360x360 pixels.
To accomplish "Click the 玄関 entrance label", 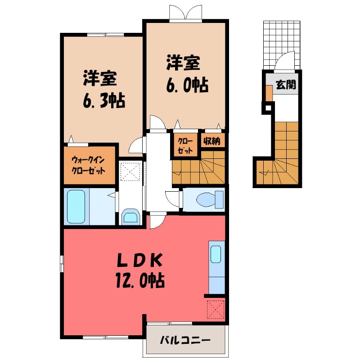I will pos(286,85).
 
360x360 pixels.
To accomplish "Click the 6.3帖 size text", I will pos(103,99).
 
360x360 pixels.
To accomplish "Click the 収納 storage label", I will pos(211,141).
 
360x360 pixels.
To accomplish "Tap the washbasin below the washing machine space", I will pos(131,217).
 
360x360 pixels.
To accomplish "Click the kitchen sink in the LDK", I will pos(216,255).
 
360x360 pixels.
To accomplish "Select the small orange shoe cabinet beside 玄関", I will pos(269,93).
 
